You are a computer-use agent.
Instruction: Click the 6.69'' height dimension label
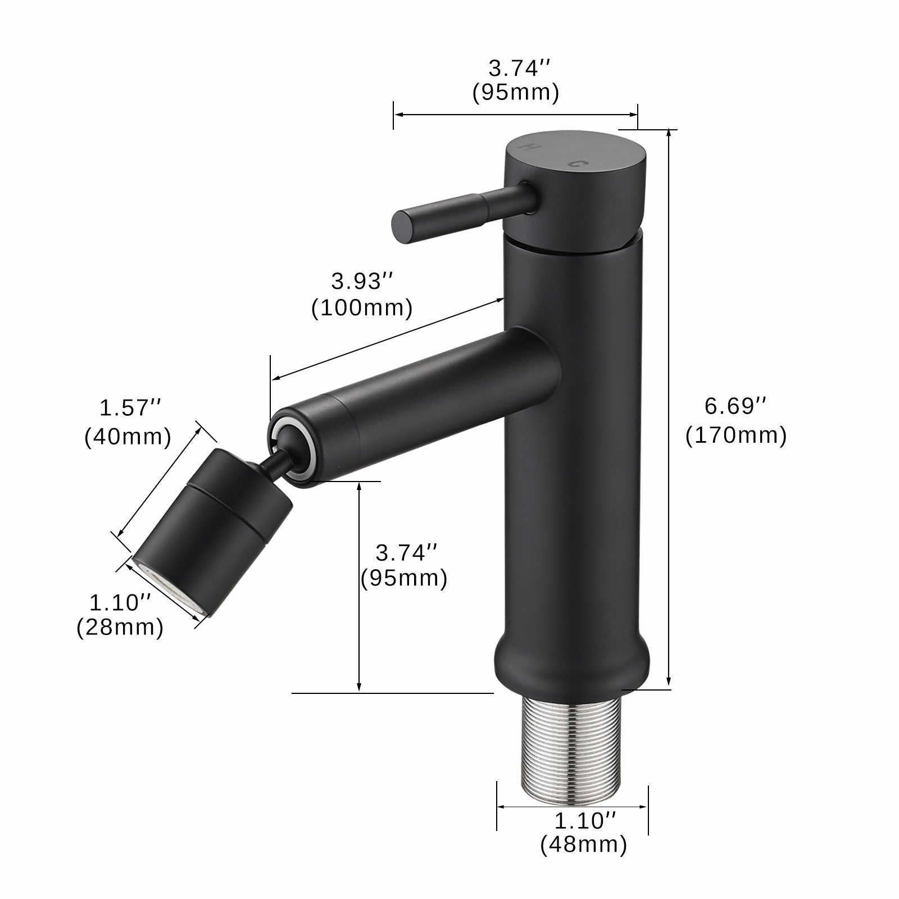click(x=735, y=406)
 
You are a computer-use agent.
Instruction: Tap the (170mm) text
click(x=735, y=435)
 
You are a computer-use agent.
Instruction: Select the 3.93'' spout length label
click(x=362, y=281)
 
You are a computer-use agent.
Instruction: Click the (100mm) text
click(x=362, y=308)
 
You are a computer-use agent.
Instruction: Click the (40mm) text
click(x=128, y=437)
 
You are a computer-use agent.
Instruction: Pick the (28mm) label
click(x=120, y=628)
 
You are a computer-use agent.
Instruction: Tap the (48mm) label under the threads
click(x=583, y=844)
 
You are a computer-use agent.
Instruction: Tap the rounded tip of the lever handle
click(x=402, y=226)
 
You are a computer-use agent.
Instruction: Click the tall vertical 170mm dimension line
click(x=669, y=405)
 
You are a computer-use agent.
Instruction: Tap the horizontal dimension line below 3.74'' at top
click(x=515, y=115)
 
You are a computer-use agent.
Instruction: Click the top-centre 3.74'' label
click(x=519, y=69)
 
